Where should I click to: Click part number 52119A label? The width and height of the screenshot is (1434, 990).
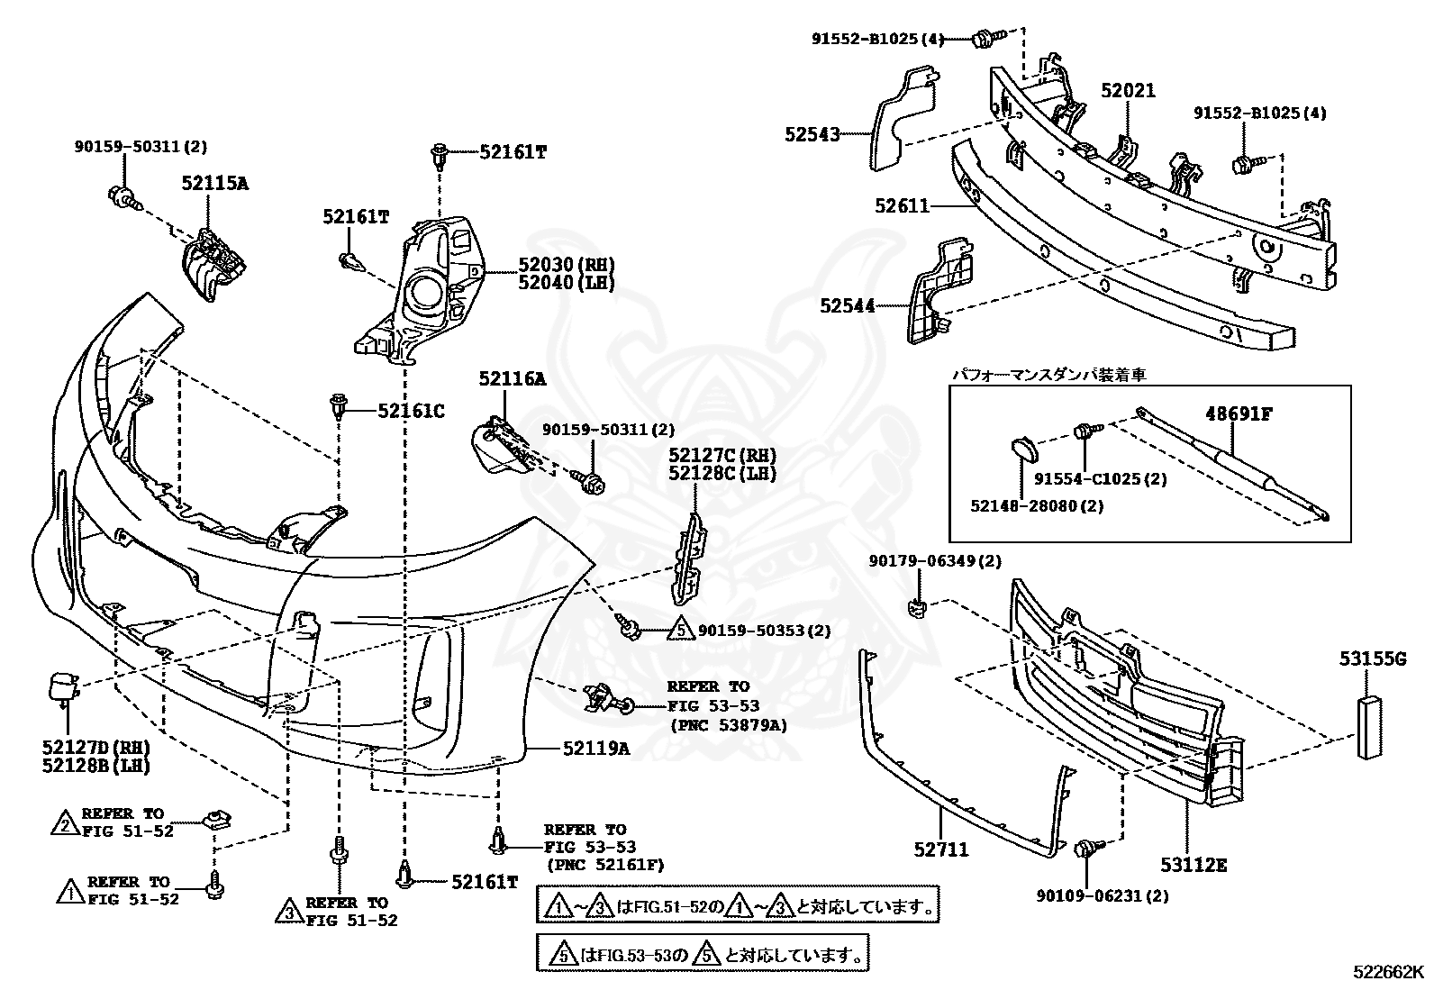click(x=596, y=748)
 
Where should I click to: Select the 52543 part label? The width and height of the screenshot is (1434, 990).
click(x=812, y=134)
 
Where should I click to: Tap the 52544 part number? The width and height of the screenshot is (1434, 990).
click(x=848, y=306)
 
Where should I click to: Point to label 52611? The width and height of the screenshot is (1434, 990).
click(x=902, y=205)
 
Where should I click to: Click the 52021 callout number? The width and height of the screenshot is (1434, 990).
click(x=1129, y=91)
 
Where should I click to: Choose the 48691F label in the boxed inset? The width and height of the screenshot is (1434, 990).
click(x=1239, y=413)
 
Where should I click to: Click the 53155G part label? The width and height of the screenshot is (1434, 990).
click(x=1373, y=658)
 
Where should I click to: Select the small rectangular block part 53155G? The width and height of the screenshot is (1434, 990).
click(x=1369, y=728)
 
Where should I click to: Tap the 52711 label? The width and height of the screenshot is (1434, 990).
click(x=941, y=849)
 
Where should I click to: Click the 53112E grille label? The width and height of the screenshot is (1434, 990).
click(x=1193, y=865)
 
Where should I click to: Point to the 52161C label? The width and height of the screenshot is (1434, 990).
click(x=411, y=411)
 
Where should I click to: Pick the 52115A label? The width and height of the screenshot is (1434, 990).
click(x=215, y=183)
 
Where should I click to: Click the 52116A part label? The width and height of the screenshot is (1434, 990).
click(x=513, y=379)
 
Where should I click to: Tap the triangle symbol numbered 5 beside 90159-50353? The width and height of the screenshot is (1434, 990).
click(x=680, y=630)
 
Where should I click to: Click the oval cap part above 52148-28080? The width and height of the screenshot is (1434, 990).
click(x=1024, y=450)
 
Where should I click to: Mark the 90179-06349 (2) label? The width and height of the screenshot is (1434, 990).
click(x=935, y=561)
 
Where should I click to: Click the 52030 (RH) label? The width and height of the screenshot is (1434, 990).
click(x=566, y=264)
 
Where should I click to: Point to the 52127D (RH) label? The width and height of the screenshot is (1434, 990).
click(x=96, y=748)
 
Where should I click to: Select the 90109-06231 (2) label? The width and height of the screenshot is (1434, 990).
click(x=1103, y=895)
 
